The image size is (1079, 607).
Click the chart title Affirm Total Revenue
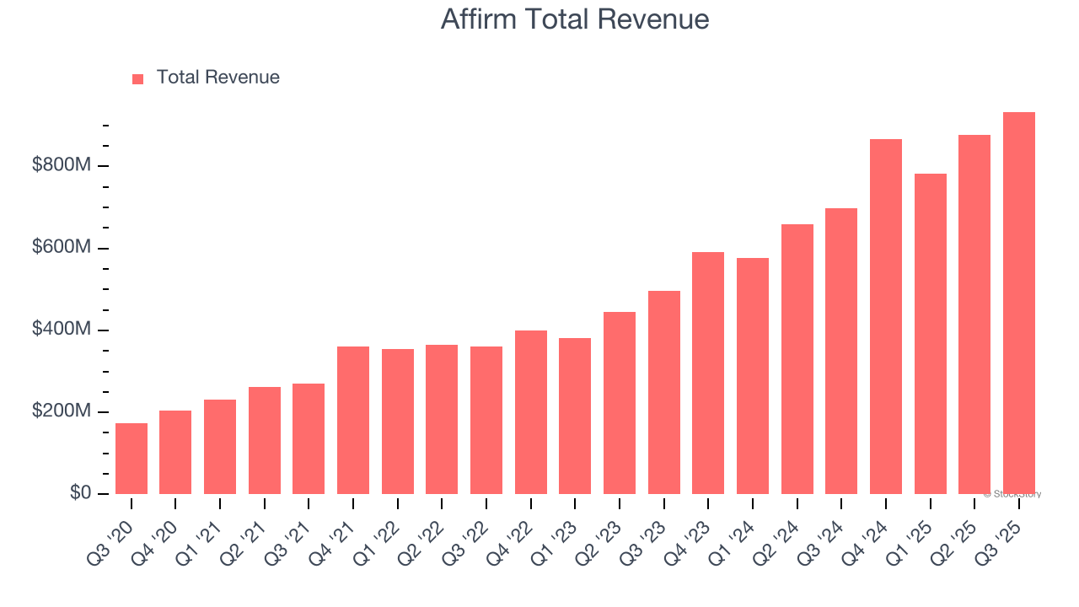pos(575,19)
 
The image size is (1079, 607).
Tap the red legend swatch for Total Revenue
pos(138,78)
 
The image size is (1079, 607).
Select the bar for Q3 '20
pos(132,459)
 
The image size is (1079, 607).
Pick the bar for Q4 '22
pos(531,412)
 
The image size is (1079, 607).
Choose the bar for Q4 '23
pos(708,373)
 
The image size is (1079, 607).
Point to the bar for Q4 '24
pos(886,316)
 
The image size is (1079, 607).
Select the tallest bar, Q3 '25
pos(1019,303)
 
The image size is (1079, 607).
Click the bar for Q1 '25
pos(931,334)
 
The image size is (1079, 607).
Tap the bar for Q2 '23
pos(620,403)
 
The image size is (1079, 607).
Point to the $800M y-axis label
pos(62,165)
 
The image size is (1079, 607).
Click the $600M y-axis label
pos(62,247)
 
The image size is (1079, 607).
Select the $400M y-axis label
pos(62,329)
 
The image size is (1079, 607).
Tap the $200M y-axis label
pos(62,411)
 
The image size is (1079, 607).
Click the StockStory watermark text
pos(1012,494)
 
